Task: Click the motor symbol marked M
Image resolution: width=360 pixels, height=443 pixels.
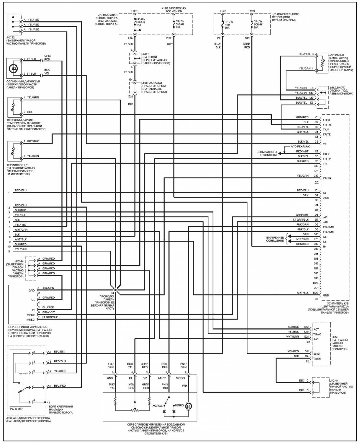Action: (188, 406)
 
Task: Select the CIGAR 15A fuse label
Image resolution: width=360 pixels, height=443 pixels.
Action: (180, 25)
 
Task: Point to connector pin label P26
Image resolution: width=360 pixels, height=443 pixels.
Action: (130, 38)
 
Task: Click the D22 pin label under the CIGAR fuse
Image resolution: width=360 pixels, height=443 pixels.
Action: (169, 38)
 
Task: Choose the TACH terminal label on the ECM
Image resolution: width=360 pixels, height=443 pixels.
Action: (317, 359)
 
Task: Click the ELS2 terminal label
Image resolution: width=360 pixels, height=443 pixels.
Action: (317, 354)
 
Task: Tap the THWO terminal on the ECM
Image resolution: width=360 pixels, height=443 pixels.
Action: (317, 334)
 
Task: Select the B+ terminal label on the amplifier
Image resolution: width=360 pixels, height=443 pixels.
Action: (325, 247)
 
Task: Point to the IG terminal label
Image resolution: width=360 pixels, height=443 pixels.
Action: (324, 193)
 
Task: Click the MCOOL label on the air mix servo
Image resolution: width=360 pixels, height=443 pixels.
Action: (181, 378)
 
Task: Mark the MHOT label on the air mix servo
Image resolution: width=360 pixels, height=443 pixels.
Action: (162, 378)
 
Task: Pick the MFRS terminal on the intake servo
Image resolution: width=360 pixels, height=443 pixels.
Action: (30, 315)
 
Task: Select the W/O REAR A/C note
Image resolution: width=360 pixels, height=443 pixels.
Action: (300, 146)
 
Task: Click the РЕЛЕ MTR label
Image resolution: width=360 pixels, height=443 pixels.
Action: (17, 409)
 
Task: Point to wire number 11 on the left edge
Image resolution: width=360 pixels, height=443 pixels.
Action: (9, 252)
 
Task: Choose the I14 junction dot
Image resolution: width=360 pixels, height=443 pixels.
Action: (116, 290)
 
